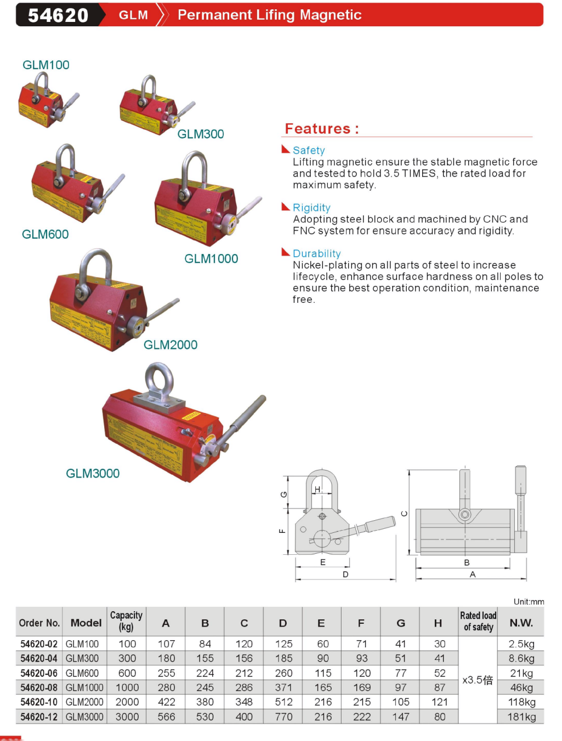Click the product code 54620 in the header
58,15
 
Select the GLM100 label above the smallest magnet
46,65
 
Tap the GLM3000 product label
93,474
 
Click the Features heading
322,129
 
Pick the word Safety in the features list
309,151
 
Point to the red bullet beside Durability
285,252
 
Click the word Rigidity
311,208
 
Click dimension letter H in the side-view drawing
317,490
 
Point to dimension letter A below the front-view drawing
473,575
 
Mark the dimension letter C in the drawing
405,514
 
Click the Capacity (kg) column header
126,621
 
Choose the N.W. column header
521,623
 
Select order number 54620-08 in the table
39,688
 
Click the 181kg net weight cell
521,717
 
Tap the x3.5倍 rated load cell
478,680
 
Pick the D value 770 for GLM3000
283,717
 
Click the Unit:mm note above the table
529,602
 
